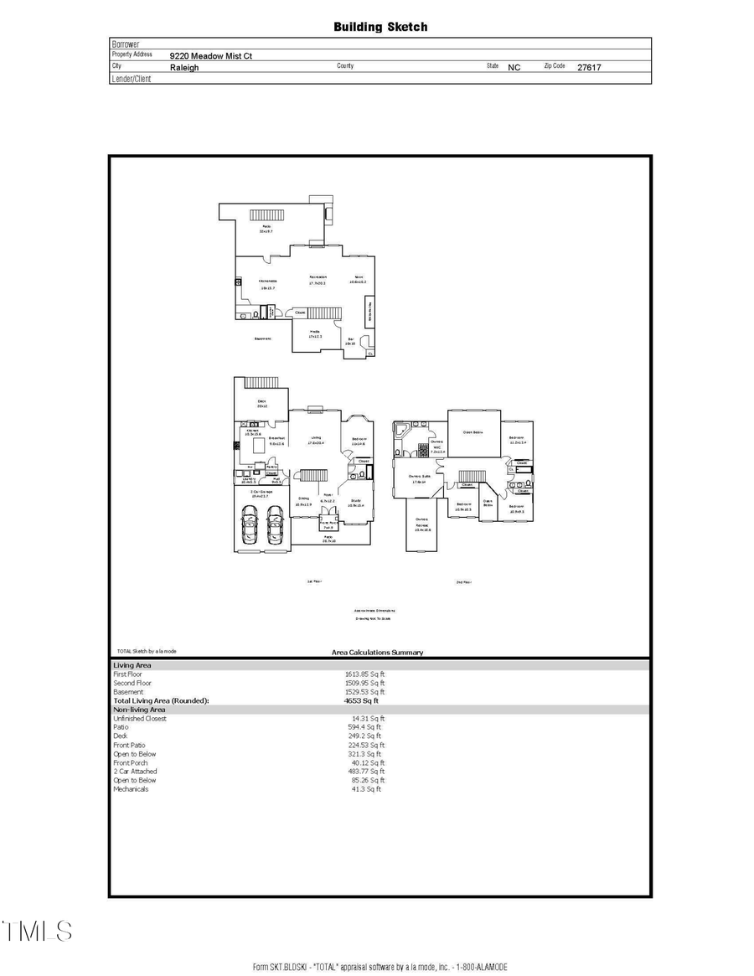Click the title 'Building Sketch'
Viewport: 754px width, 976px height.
(x=380, y=27)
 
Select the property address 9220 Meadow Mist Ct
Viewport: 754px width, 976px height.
(x=211, y=56)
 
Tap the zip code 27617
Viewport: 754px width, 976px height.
(x=589, y=67)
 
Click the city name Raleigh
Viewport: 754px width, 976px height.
(x=184, y=67)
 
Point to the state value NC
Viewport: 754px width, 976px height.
(x=514, y=67)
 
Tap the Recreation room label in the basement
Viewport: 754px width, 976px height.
(x=318, y=280)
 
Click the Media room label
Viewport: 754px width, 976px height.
(x=315, y=333)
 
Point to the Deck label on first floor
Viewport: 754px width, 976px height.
(x=261, y=404)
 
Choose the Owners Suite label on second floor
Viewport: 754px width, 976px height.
(x=420, y=478)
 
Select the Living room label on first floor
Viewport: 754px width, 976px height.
(x=317, y=439)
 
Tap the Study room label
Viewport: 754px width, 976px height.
(x=355, y=503)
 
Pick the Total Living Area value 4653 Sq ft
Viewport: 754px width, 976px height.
(x=361, y=700)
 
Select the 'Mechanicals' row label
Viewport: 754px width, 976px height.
(x=131, y=789)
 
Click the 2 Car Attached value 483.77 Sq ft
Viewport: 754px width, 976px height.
(x=367, y=772)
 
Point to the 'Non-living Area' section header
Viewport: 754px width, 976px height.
(x=139, y=710)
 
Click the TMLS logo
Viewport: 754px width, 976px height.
(x=38, y=931)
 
